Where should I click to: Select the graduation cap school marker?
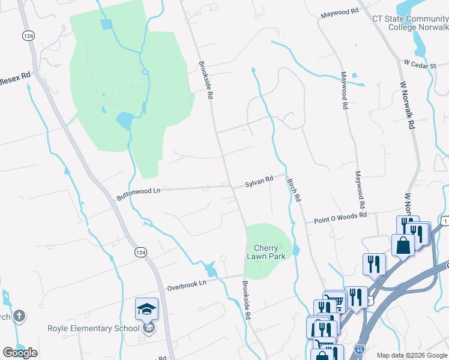coord(146,309)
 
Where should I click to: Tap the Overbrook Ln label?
coord(186,283)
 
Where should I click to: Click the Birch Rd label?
coord(294,189)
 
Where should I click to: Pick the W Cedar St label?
coord(419,63)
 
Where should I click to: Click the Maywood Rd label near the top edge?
coord(339,12)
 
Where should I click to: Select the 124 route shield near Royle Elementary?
coord(140,253)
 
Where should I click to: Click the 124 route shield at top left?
coord(28,36)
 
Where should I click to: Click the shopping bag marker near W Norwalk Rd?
coord(402,244)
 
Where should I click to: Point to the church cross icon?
coord(19,316)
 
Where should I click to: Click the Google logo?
coord(20,353)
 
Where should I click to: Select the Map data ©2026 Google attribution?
coord(411,355)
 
